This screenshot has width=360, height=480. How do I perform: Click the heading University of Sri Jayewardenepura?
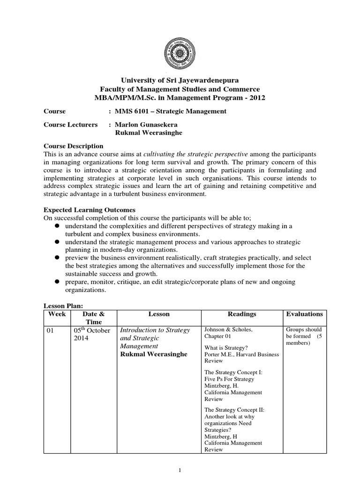point(180,81)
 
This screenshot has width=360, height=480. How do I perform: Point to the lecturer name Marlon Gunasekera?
point(146,125)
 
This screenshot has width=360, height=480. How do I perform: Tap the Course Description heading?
point(73,146)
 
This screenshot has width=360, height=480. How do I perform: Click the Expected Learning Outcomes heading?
point(89,210)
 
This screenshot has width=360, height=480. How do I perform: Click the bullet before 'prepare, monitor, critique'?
point(55,281)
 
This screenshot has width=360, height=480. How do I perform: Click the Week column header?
point(57,314)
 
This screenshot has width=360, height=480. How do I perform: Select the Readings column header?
point(242,314)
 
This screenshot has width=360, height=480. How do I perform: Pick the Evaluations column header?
point(305,314)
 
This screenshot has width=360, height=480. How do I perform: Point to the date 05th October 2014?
point(92,334)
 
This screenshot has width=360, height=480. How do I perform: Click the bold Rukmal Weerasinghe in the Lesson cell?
point(154,354)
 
